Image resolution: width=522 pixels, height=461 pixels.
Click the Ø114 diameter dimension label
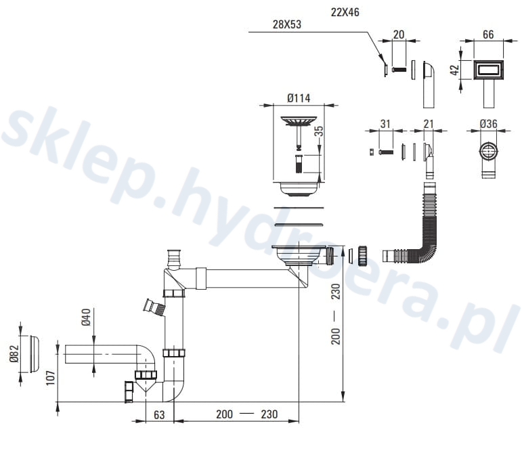pos(298,98)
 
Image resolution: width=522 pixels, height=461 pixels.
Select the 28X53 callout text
pos(287,25)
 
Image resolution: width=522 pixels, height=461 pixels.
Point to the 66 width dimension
pos(487,35)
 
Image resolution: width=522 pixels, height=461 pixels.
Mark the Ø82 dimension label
pos(13,353)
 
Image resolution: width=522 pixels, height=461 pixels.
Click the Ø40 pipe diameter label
pos(86,317)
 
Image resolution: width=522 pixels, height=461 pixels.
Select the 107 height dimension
pos(48,378)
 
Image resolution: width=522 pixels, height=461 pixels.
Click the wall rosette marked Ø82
pos(29,353)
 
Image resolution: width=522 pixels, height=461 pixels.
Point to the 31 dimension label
pos(386,124)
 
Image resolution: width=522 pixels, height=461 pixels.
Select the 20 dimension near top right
pos(398,35)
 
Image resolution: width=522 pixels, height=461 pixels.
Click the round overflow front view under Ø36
pos(487,151)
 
